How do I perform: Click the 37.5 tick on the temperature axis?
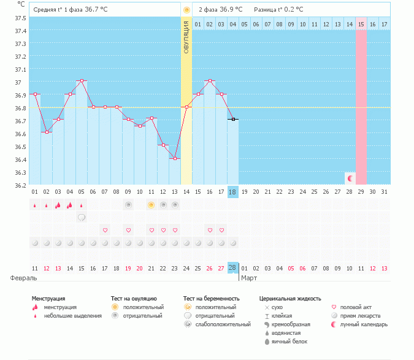[20, 18]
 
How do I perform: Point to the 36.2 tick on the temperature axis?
[20, 185]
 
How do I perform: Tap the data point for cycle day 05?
[82, 81]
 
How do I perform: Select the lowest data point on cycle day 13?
[175, 158]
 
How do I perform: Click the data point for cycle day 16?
[210, 81]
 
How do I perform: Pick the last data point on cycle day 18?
[233, 120]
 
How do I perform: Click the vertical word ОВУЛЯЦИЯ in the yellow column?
[186, 37]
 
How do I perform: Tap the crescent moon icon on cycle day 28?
[350, 178]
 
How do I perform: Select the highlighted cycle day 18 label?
[233, 192]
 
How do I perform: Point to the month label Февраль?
[24, 278]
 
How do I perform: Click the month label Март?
[248, 278]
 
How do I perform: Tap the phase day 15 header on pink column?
[361, 24]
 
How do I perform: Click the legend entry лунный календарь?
[362, 324]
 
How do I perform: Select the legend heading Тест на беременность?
[211, 298]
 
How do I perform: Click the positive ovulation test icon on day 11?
[151, 204]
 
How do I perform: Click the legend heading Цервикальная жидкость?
[289, 298]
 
